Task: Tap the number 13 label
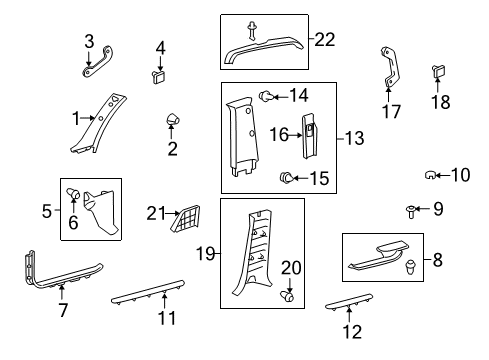[353, 136]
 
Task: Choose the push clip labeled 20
[290, 297]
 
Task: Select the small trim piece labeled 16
[312, 132]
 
